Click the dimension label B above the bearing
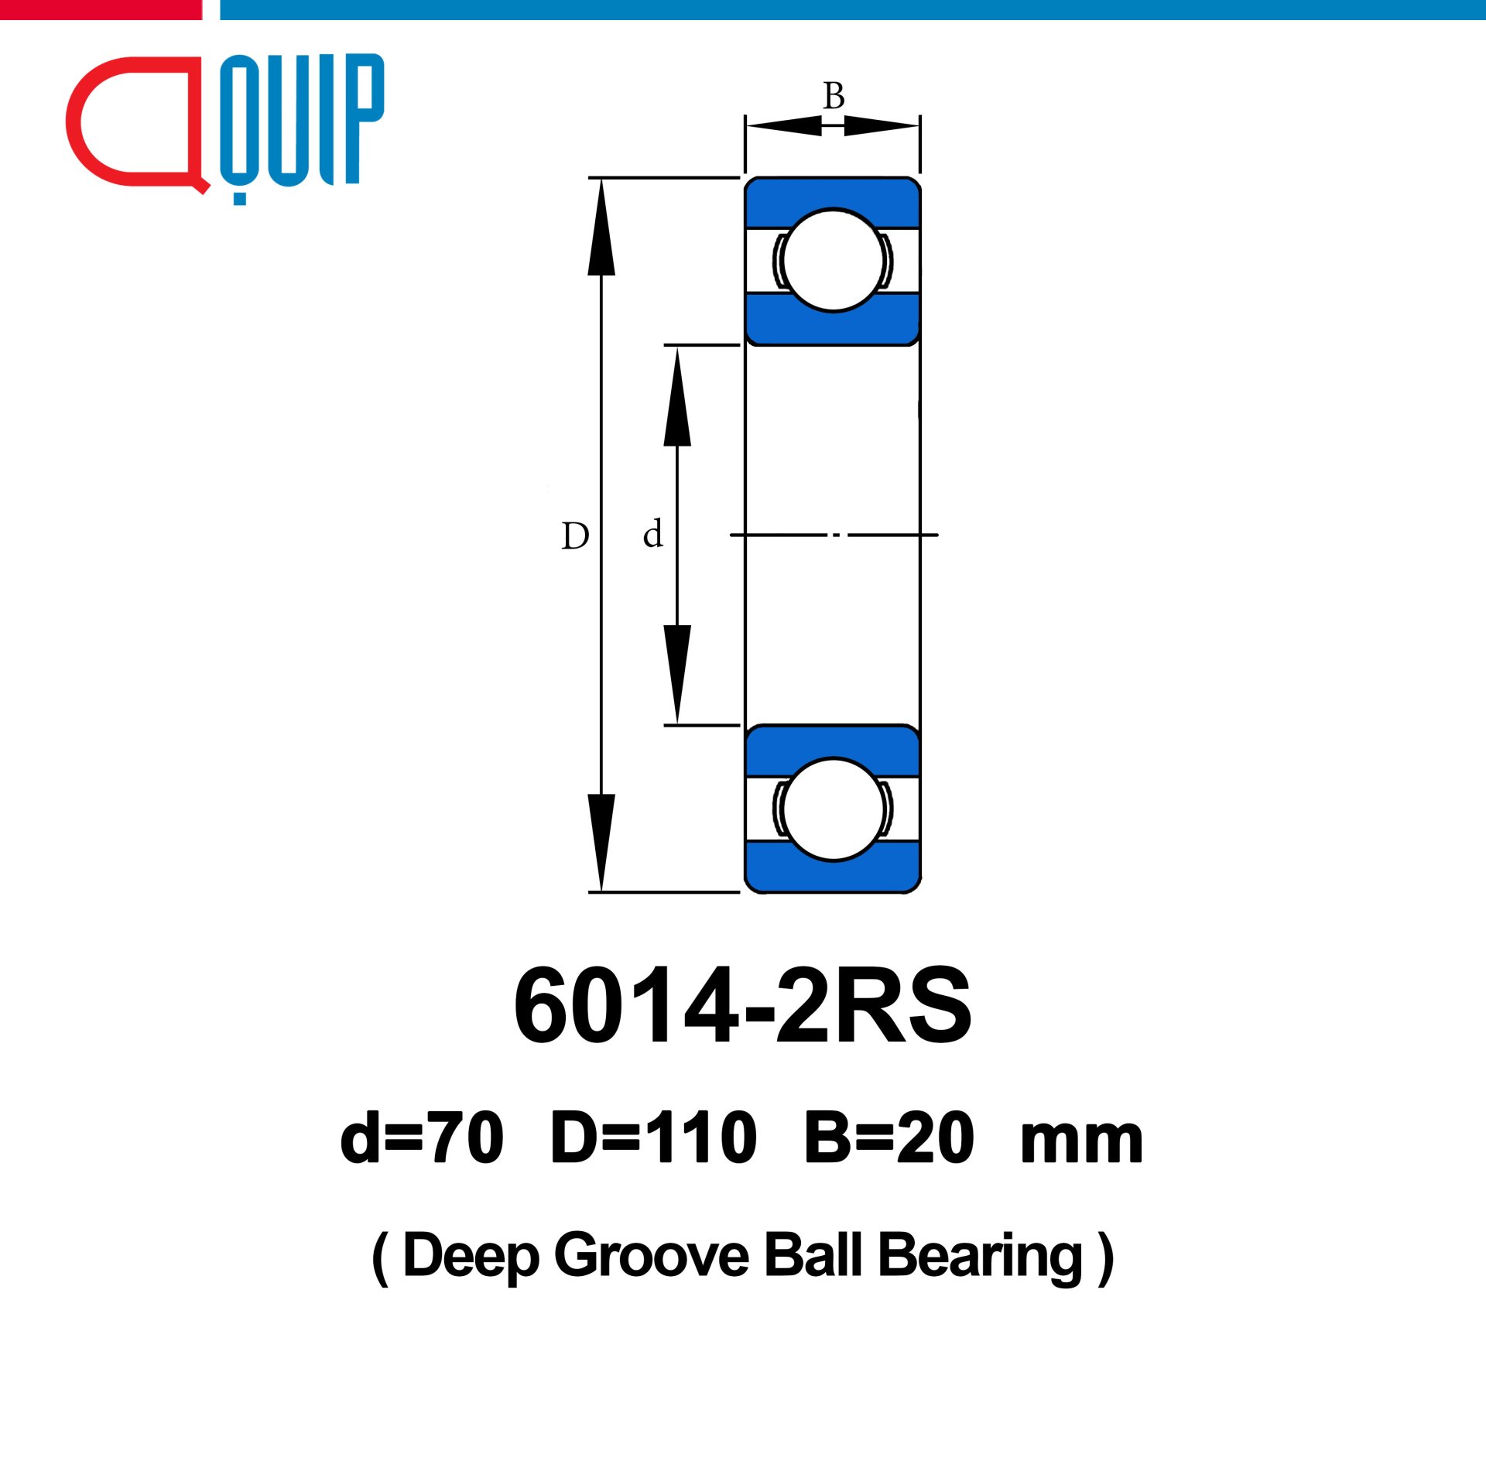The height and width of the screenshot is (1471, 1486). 834,96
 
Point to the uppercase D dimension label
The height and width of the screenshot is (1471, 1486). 575,535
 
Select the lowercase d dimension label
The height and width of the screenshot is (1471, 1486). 653,533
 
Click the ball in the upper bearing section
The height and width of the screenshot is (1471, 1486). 833,260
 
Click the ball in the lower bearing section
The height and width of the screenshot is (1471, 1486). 833,809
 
